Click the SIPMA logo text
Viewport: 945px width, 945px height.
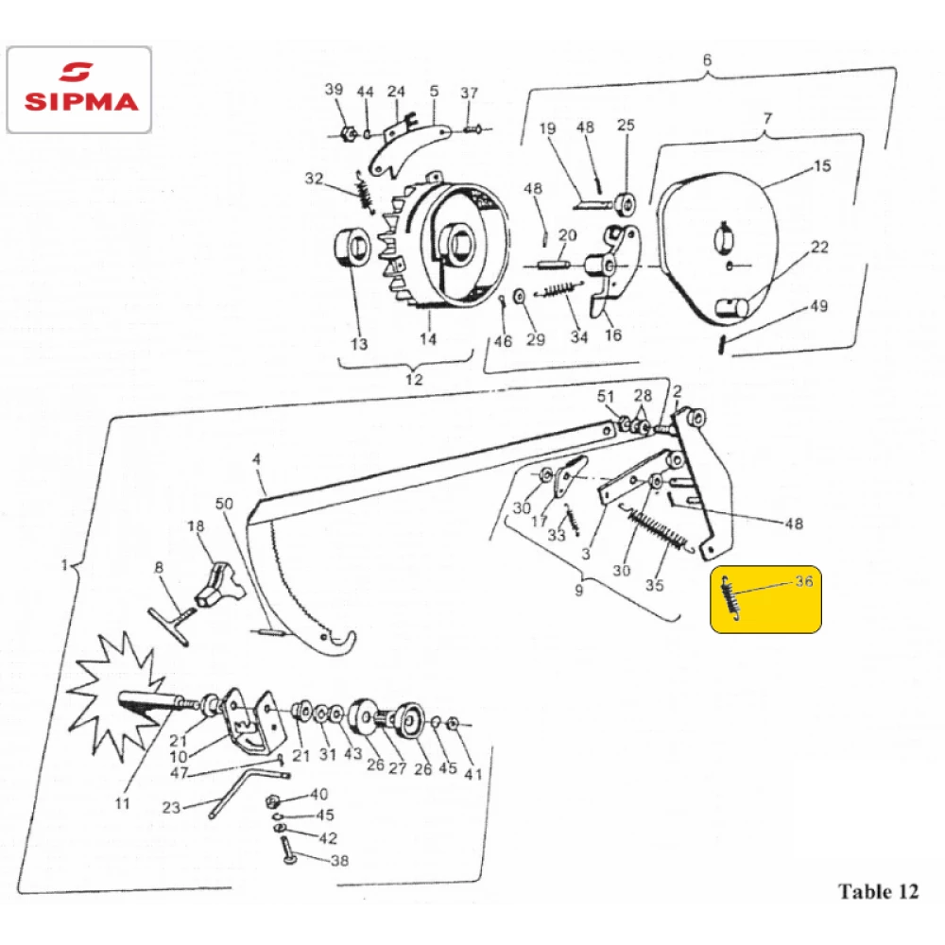coord(81,101)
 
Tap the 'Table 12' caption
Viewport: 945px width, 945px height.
coord(878,891)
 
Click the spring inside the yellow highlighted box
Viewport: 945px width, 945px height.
coord(730,597)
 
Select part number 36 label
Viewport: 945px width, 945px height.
coord(804,581)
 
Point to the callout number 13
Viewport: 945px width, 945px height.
coord(359,344)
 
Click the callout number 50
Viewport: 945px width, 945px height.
coord(224,504)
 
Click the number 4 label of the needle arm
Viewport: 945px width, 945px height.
coord(257,459)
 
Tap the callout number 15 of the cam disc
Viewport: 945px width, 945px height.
coord(822,165)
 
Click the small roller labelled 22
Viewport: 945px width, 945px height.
coord(730,307)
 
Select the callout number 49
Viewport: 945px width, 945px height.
coord(818,306)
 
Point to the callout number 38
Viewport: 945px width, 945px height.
coord(339,861)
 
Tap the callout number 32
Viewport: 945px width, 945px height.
coord(314,179)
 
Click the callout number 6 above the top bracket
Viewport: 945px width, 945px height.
coord(707,60)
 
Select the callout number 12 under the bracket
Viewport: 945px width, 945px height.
coord(414,379)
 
